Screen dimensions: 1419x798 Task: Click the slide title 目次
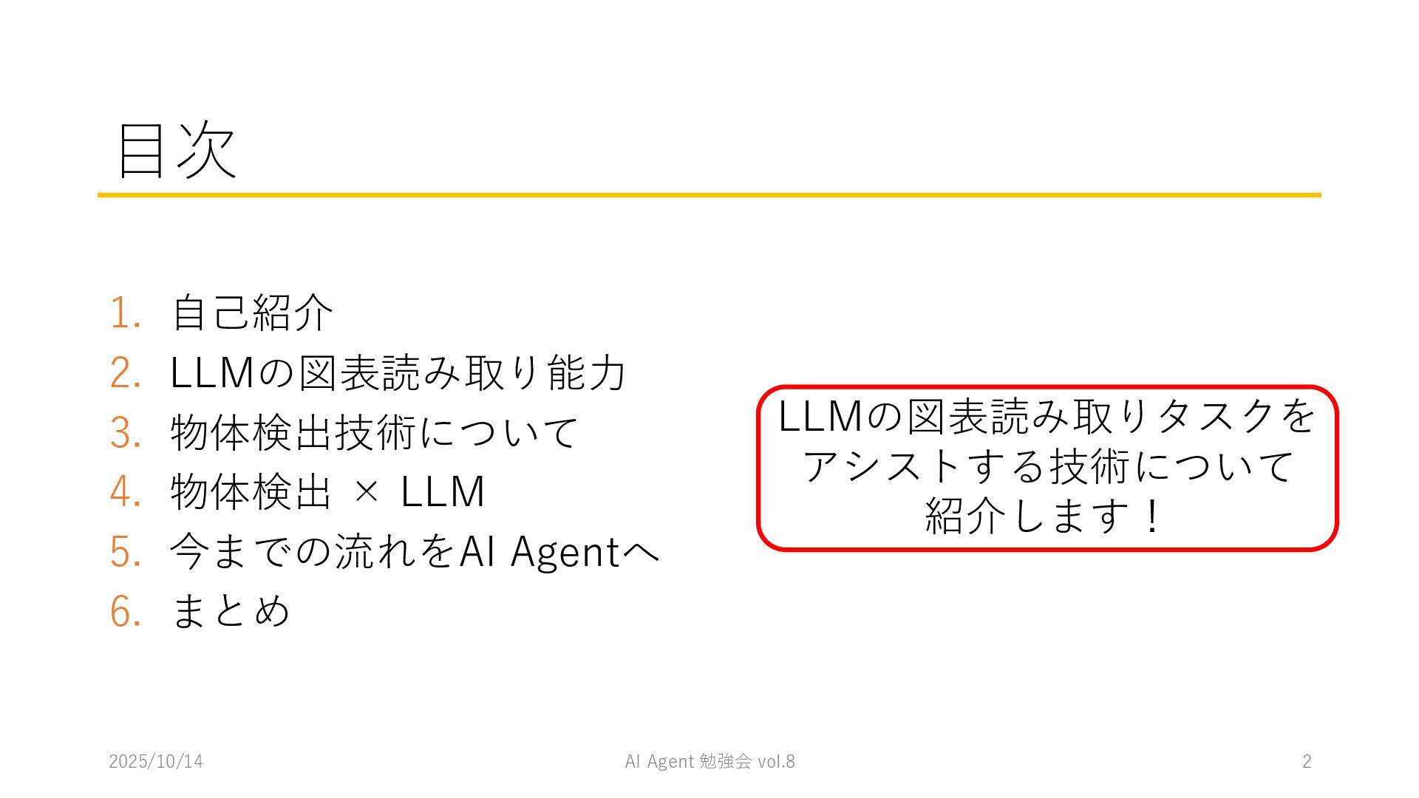[177, 150]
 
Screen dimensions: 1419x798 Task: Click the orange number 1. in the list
[125, 313]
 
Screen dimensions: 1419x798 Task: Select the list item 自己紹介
[252, 313]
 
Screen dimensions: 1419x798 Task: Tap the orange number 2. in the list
[125, 372]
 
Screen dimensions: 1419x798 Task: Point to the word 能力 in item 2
[587, 372]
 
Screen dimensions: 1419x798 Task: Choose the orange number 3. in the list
[125, 432]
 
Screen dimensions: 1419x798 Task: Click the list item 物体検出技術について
[374, 432]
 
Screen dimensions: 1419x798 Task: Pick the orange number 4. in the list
[125, 491]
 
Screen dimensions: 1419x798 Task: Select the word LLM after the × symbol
[443, 491]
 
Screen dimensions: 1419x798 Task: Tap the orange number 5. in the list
[125, 551]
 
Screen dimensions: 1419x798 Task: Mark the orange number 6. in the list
[125, 611]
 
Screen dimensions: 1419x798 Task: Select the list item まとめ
[231, 611]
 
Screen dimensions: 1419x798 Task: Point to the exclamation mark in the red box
[1151, 516]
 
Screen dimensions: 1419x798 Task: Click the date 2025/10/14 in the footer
[156, 762]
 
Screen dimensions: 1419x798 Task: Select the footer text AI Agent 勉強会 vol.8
[709, 762]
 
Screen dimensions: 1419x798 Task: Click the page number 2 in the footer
[1307, 762]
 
